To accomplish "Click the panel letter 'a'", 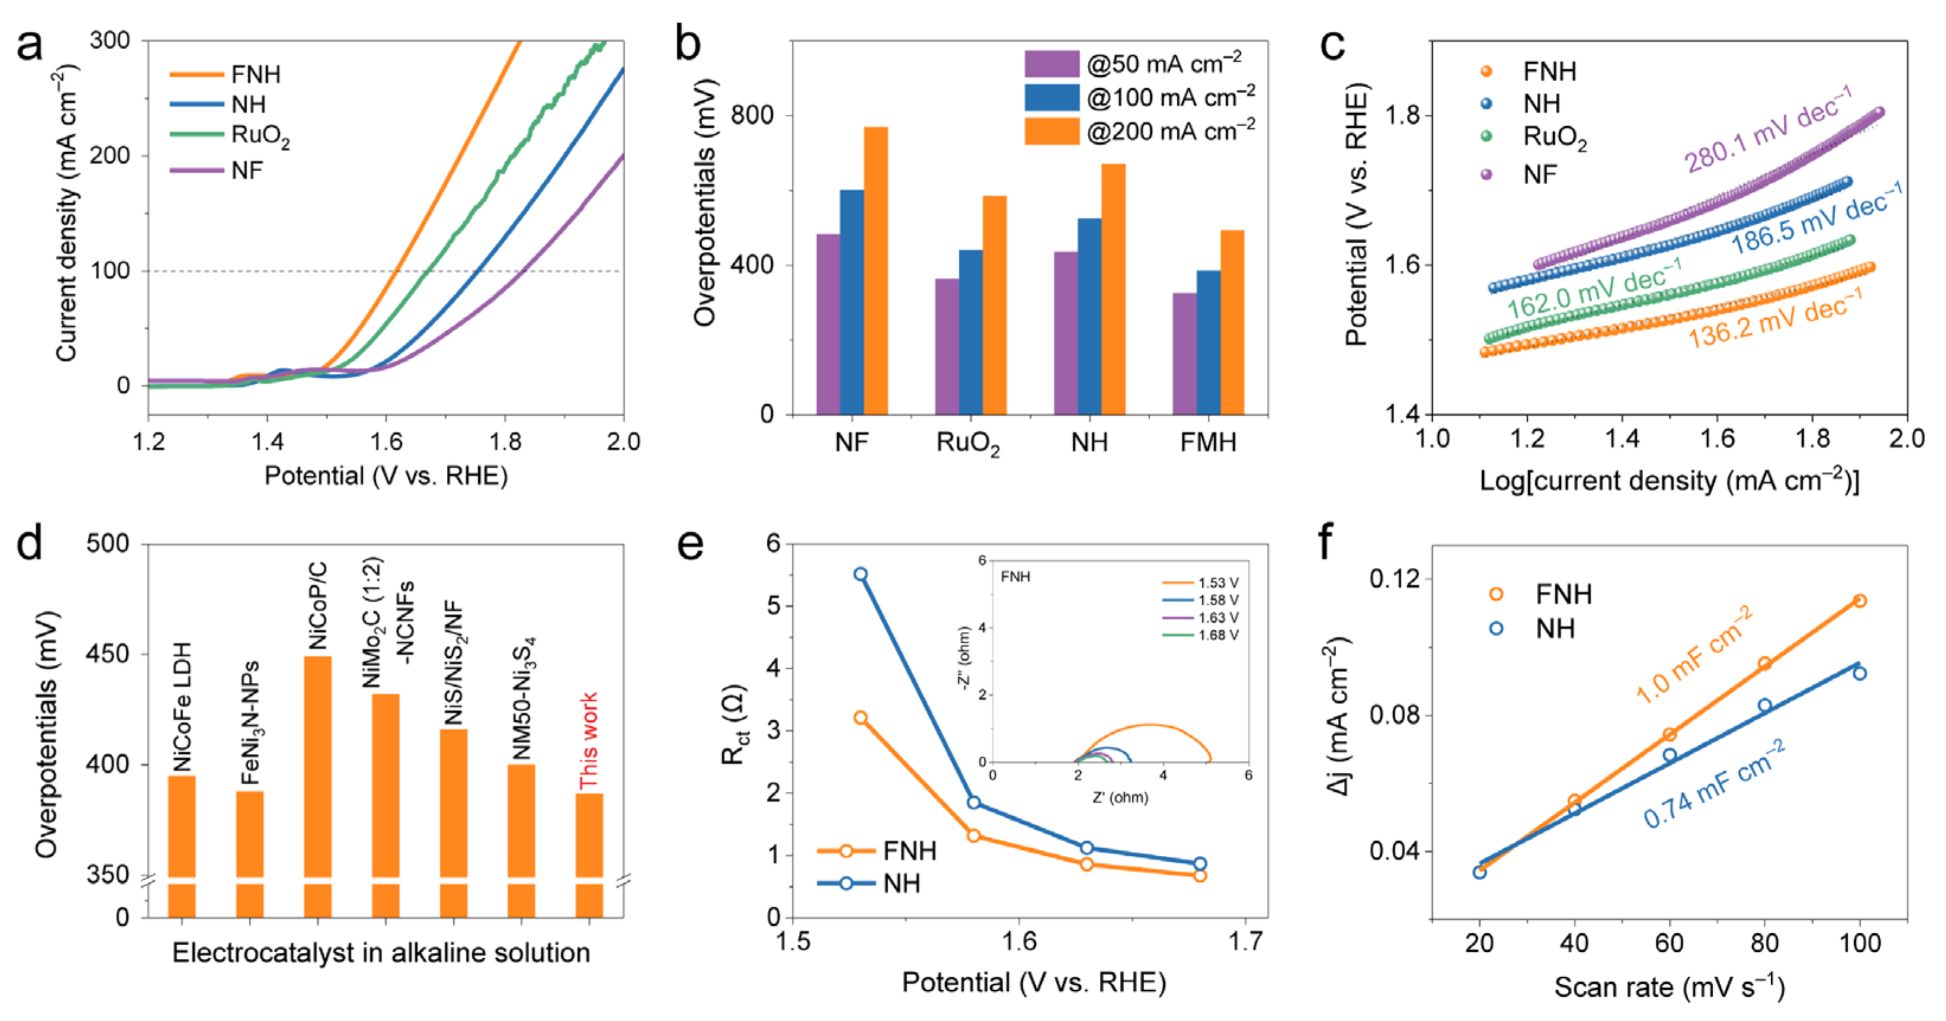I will pyautogui.click(x=30, y=46).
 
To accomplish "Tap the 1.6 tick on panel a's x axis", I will pyautogui.click(x=386, y=441).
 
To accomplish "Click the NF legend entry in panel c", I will pyautogui.click(x=1539, y=175).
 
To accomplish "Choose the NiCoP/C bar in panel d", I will pyautogui.click(x=317, y=766).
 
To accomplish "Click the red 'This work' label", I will pyautogui.click(x=588, y=741).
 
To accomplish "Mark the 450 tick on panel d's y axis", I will pyautogui.click(x=107, y=654).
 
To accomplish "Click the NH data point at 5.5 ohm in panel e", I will pyautogui.click(x=860, y=574).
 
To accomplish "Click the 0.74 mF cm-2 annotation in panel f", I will pyautogui.click(x=1715, y=785).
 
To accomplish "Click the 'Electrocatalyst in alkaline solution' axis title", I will pyautogui.click(x=381, y=953).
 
